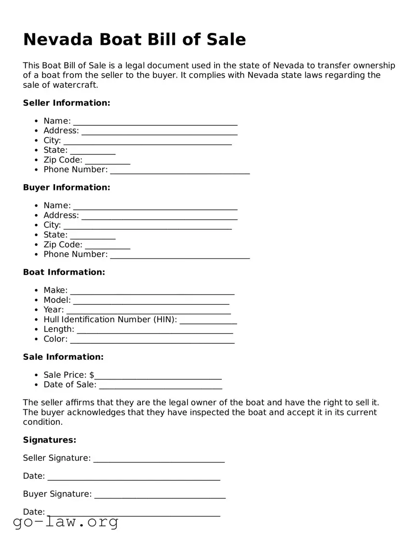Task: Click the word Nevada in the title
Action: point(58,39)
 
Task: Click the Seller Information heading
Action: point(67,103)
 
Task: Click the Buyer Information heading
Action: point(67,187)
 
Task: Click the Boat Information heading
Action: point(64,272)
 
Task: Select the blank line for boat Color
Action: point(152,340)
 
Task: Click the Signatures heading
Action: point(50,440)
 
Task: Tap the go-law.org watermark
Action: point(66,522)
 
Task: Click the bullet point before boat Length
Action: point(37,329)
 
